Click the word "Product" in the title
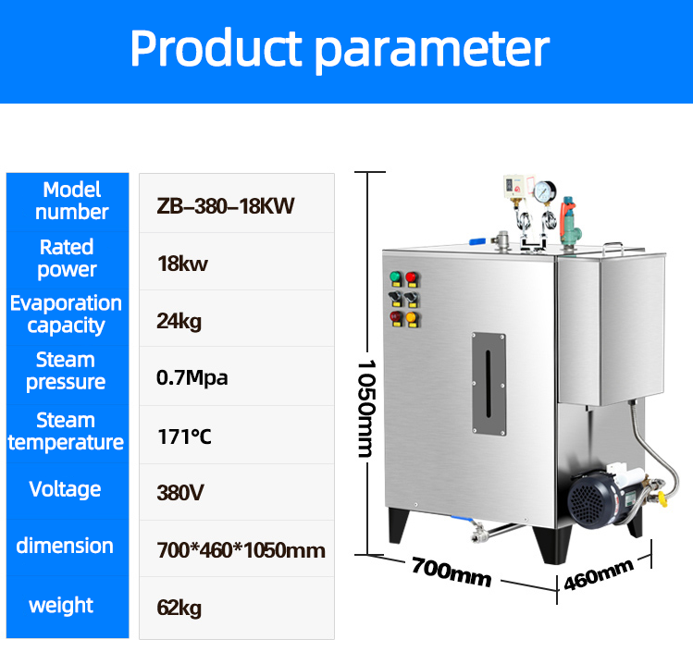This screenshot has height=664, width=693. pyautogui.click(x=216, y=48)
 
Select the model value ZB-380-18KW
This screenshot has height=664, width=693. pyautogui.click(x=226, y=206)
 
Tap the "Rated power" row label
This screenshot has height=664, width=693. pyautogui.click(x=67, y=258)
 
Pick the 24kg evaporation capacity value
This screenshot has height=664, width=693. pyautogui.click(x=179, y=321)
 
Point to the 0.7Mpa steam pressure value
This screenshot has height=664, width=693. pyautogui.click(x=192, y=377)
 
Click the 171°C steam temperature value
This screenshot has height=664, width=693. pyautogui.click(x=184, y=437)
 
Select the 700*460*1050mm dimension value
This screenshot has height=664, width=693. pyautogui.click(x=241, y=550)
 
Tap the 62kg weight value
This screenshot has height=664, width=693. pyautogui.click(x=179, y=608)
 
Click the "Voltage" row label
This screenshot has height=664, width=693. pyautogui.click(x=65, y=489)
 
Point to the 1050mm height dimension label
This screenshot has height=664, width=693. pyautogui.click(x=366, y=408)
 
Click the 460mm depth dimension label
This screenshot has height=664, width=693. pyautogui.click(x=599, y=574)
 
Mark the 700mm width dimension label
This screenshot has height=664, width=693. pyautogui.click(x=452, y=572)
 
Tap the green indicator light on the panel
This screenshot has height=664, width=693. pyautogui.click(x=396, y=277)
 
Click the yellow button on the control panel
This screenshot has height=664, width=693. pyautogui.click(x=412, y=317)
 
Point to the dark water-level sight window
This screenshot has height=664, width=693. pyautogui.click(x=489, y=384)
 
